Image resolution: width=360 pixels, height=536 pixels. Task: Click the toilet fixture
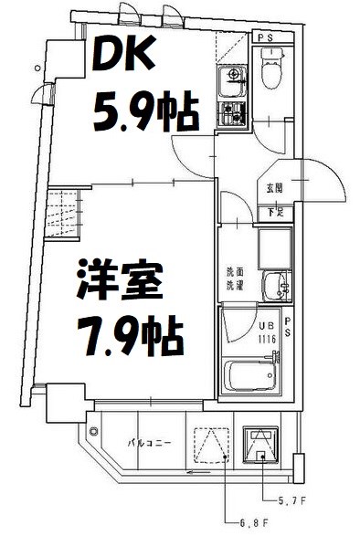tap(272, 69)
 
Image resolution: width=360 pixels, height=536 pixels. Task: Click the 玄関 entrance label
tap(273, 188)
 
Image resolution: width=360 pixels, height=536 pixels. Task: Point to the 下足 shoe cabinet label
tap(273, 212)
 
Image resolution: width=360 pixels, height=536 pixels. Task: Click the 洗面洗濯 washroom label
tap(236, 278)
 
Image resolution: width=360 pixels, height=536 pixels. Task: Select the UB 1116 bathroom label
tap(266, 331)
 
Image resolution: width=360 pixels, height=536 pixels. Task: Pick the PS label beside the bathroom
tap(287, 326)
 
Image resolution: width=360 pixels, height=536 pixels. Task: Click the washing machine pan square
tap(273, 247)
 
